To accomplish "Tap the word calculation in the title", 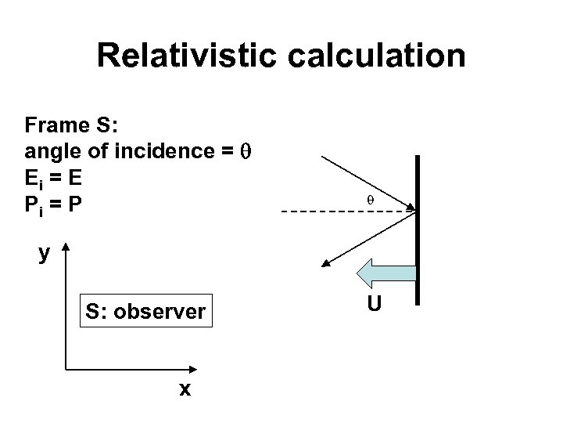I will [374, 56].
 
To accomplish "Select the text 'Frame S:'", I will [62, 125].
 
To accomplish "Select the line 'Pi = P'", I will [54, 206].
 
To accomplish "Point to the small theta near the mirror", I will [371, 201].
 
